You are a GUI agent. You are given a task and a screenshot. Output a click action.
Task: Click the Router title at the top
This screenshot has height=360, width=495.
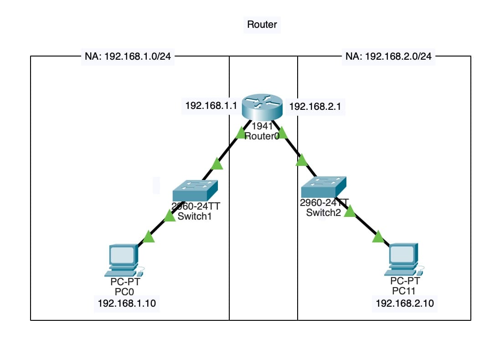(262, 25)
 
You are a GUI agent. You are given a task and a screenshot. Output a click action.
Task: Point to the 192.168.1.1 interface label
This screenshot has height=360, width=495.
(211, 106)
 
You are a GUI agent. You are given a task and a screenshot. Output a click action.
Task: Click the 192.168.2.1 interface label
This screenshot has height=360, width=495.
(315, 107)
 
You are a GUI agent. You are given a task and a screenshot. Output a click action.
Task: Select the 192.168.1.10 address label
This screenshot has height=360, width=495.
(126, 303)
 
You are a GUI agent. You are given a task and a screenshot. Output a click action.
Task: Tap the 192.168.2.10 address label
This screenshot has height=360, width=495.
(404, 303)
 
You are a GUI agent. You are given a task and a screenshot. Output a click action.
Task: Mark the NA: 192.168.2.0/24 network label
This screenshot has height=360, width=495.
(388, 57)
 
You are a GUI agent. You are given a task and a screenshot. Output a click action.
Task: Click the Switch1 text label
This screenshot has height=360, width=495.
(195, 216)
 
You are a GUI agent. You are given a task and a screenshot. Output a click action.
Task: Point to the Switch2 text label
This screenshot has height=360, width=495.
(323, 213)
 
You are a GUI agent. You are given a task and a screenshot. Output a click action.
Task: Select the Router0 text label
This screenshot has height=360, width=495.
(262, 136)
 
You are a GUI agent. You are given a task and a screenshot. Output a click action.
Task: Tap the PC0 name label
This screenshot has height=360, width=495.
(122, 292)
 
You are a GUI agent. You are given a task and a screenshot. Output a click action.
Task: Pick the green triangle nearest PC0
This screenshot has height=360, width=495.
(149, 237)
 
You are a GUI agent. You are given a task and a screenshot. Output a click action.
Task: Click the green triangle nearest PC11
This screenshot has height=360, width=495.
(378, 237)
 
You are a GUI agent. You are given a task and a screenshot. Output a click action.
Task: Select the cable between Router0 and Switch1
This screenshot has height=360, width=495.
(228, 150)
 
